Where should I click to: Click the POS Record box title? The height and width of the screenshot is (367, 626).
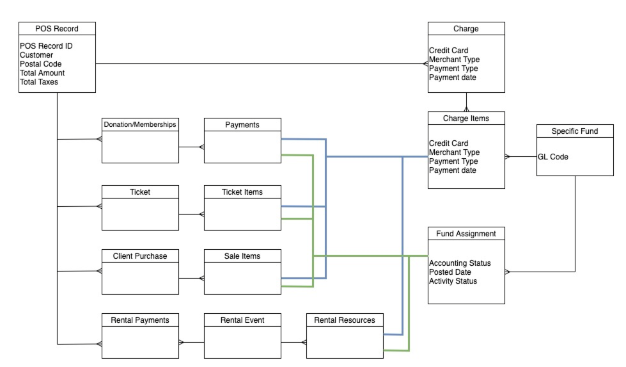click(57, 28)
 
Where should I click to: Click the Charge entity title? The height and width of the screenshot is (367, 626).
click(466, 28)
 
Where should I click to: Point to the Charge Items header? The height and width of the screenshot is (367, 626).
click(466, 118)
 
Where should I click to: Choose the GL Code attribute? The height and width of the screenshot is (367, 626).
click(553, 156)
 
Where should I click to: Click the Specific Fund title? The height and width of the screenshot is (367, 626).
click(575, 131)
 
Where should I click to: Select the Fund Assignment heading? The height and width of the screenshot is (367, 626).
click(466, 234)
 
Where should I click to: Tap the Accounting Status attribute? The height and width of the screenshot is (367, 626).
click(460, 263)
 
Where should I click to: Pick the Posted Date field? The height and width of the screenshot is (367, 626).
click(450, 272)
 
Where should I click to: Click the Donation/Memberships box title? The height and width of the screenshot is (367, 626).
click(140, 124)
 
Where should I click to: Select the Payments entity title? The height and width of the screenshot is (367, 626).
click(242, 124)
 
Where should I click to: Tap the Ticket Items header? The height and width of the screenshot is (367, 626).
click(242, 192)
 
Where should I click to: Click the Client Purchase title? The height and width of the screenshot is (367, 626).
click(140, 256)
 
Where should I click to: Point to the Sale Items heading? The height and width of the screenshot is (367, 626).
click(242, 256)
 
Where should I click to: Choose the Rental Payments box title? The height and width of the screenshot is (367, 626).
click(140, 320)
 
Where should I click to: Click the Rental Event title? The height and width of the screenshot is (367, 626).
click(242, 320)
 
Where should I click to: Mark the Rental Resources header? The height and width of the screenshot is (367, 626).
click(345, 320)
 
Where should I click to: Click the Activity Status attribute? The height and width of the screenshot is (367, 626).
click(453, 281)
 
